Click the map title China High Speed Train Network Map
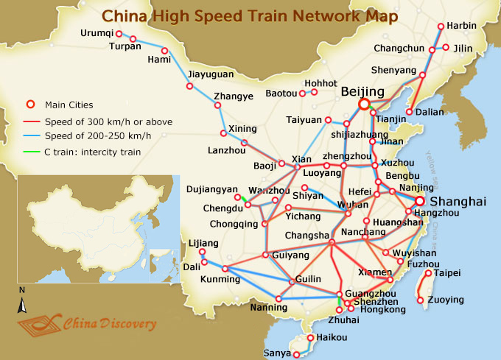(250, 16)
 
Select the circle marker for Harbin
(441, 27)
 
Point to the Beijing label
(363, 91)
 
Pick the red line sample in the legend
(30, 120)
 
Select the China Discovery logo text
(109, 323)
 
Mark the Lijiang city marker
(203, 253)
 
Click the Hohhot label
(320, 83)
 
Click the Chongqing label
(232, 223)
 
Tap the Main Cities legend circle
(30, 104)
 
